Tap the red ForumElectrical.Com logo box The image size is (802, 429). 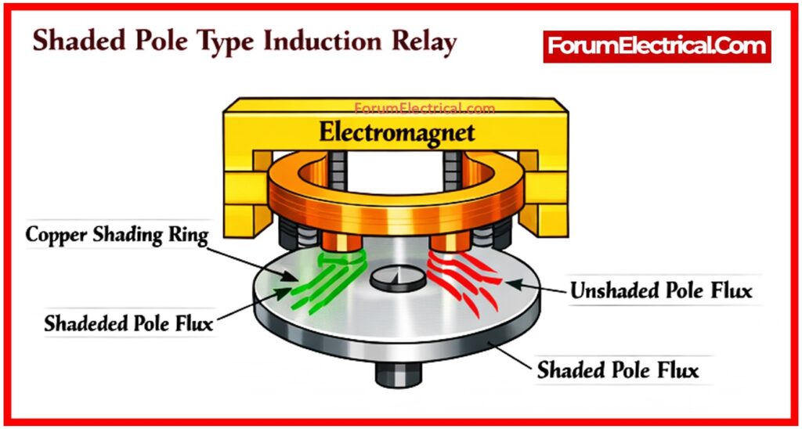point(657,46)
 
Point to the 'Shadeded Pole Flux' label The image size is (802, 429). point(128,323)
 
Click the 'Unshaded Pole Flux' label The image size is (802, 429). point(661,291)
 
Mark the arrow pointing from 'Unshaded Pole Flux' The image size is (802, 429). point(533,286)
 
